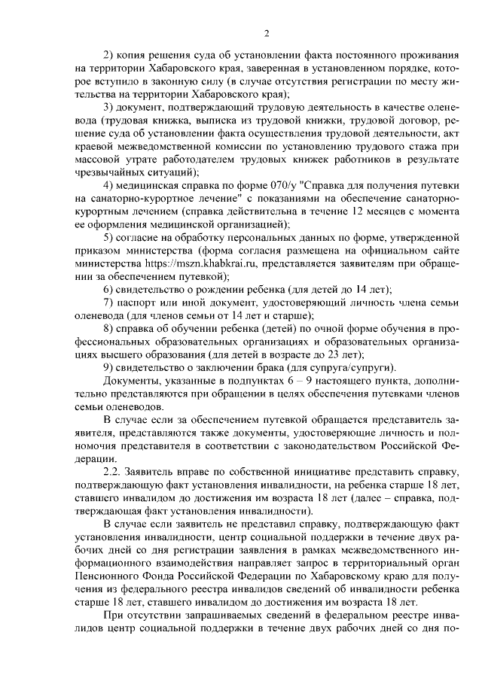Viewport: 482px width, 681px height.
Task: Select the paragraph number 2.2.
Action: (113, 470)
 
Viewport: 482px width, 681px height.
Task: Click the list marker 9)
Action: (108, 369)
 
